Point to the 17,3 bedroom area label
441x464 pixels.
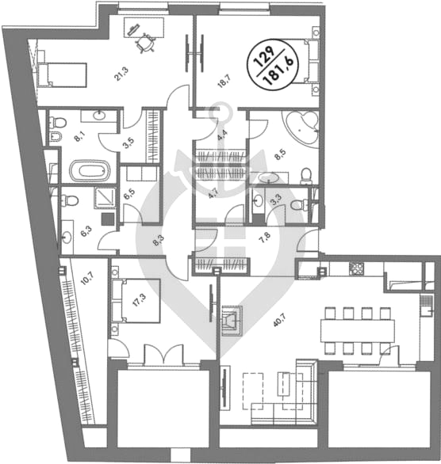point(137,301)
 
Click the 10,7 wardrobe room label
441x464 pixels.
point(86,279)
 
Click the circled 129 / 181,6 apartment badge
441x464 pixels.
point(273,64)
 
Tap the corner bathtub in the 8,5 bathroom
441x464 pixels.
point(302,127)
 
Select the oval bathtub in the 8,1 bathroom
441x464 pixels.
point(90,171)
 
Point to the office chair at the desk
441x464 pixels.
point(145,44)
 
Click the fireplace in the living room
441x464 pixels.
point(232,321)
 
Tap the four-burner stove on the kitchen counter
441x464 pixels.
point(356,269)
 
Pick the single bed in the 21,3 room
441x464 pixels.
point(62,75)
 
